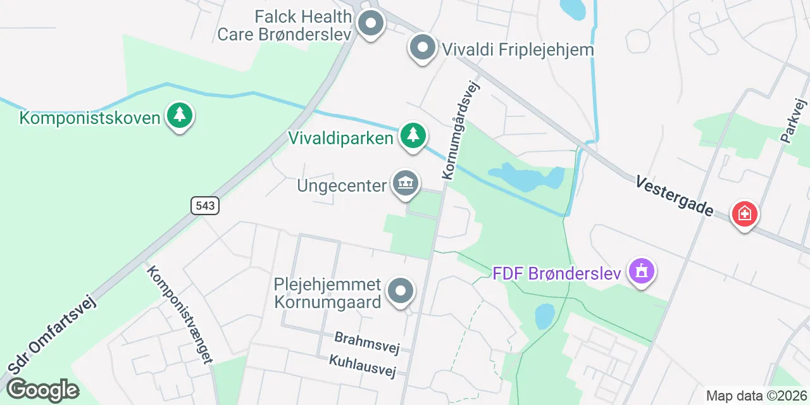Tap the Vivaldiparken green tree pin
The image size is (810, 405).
[x=413, y=135]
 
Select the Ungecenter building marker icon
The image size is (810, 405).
[x=406, y=183]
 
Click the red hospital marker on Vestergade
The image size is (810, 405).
[x=745, y=214]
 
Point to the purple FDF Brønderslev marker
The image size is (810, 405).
[x=642, y=271]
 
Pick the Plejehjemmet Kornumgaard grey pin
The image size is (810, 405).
[x=400, y=292]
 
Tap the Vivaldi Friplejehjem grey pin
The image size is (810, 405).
[x=423, y=47]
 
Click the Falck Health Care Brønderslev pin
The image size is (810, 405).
[x=370, y=24]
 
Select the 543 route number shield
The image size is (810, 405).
[x=204, y=205]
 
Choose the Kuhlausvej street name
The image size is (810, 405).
[x=362, y=366]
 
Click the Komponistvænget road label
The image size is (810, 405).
[x=179, y=314]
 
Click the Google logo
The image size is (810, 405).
[x=42, y=390]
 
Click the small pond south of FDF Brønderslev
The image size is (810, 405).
[x=545, y=316]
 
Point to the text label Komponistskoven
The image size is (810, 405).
[x=89, y=118]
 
